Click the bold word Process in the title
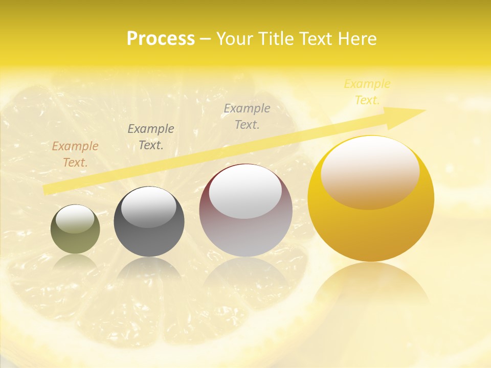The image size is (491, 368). pyautogui.click(x=161, y=39)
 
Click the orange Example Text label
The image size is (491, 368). pyautogui.click(x=75, y=154)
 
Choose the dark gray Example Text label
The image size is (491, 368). pyautogui.click(x=151, y=137)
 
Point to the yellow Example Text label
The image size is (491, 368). pyautogui.click(x=367, y=92)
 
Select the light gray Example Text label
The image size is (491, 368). pyautogui.click(x=247, y=116)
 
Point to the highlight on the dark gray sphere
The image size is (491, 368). pyautogui.click(x=149, y=208)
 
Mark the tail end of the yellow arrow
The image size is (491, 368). pyautogui.click(x=46, y=190)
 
